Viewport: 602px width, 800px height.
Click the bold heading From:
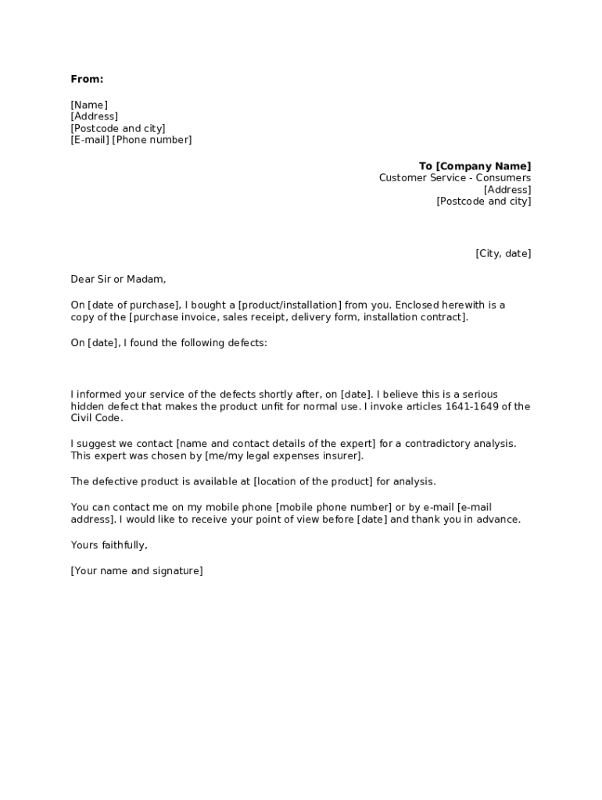coord(87,79)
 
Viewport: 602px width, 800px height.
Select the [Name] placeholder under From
coord(89,105)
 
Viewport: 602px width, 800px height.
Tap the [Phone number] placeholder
coord(152,140)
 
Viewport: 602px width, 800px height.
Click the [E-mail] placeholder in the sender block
coord(90,140)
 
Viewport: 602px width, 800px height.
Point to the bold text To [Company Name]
coord(475,166)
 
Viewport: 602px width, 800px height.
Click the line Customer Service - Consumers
coord(454,177)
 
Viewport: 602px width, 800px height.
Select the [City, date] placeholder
coord(503,253)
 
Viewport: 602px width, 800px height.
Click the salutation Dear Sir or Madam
coord(118,279)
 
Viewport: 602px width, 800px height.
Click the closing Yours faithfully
coord(109,545)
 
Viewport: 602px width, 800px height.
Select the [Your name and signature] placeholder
coord(136,571)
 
